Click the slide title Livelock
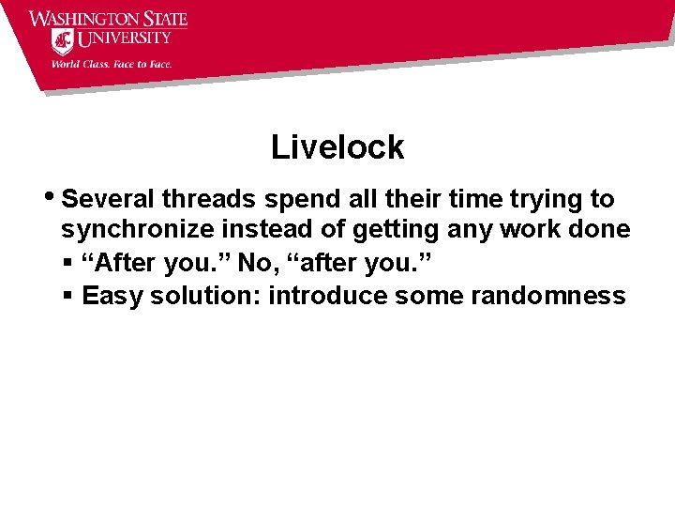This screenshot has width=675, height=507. [x=337, y=147]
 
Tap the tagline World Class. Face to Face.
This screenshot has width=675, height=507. [x=112, y=65]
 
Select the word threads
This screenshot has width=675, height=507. [x=209, y=199]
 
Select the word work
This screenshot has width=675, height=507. [x=541, y=230]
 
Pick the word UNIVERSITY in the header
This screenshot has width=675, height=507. [x=125, y=39]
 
